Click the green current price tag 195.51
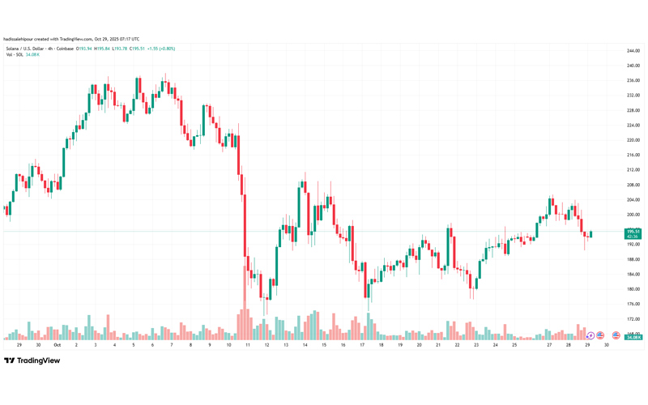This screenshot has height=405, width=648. pos(633,232)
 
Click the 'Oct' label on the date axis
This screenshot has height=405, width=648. pos(57,344)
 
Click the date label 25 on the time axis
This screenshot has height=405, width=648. pos(514,344)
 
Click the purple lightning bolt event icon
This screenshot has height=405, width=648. pos(590,335)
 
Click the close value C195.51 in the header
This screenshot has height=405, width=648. pos(134,49)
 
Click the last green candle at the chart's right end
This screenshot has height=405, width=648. pos(591,234)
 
